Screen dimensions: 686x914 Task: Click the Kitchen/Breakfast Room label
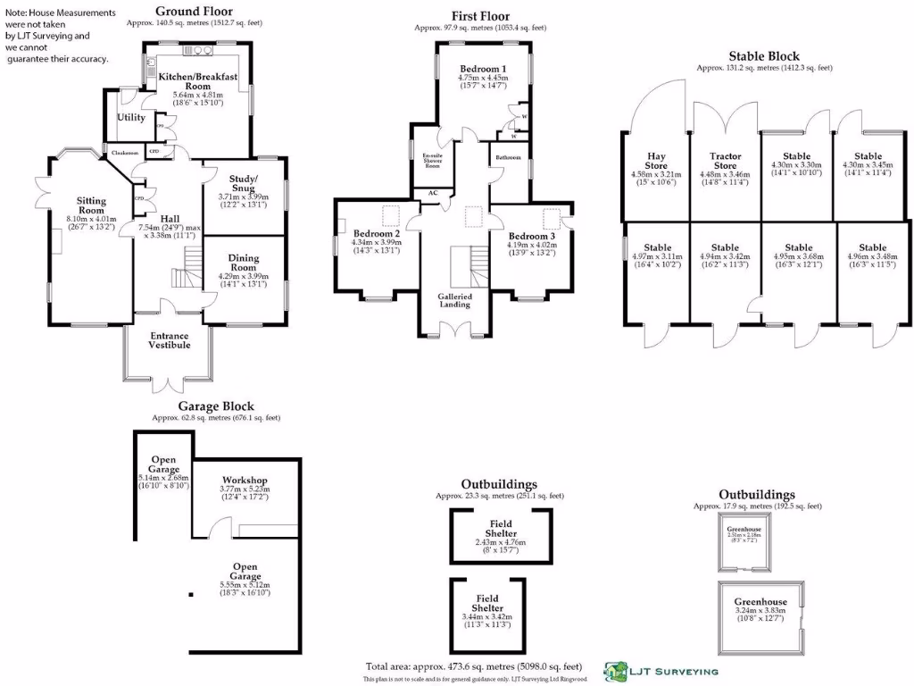point(198,82)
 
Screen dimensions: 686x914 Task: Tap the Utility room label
point(131,117)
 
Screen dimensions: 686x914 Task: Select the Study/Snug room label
point(243,183)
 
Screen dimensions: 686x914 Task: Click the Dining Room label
point(243,264)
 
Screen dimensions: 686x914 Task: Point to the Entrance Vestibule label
point(169,339)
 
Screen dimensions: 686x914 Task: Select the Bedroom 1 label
point(483,69)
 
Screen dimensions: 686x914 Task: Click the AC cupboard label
point(433,193)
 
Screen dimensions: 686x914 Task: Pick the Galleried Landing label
point(454,300)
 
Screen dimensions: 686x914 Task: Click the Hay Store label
point(655,161)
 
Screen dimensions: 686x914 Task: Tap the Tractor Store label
point(725,161)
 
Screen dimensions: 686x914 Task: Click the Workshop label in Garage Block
point(245,481)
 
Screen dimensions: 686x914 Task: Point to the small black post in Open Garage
point(191,595)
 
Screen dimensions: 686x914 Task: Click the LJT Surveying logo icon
point(616,670)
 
